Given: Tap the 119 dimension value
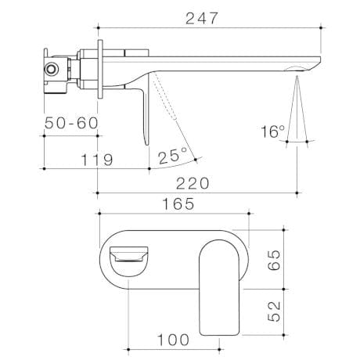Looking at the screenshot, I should (98, 160).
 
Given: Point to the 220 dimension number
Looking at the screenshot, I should (192, 182).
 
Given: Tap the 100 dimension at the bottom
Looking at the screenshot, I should (173, 340).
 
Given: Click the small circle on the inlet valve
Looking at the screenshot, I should (52, 68).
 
